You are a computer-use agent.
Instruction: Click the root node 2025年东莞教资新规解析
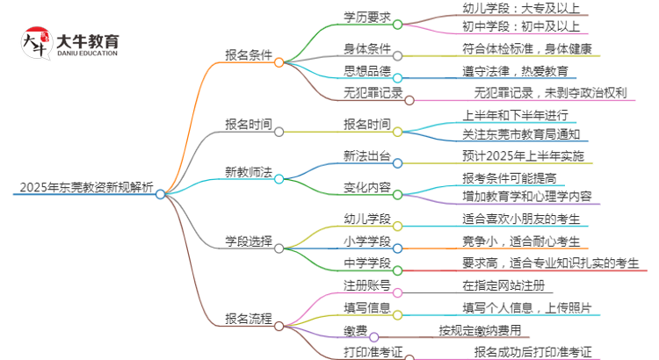[84, 188]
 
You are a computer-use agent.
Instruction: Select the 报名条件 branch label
[249, 55]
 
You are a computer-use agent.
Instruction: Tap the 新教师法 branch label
[249, 171]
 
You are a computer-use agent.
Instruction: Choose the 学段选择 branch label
[249, 241]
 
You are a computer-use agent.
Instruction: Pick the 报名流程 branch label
[249, 319]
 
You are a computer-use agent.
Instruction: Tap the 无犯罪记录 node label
[373, 93]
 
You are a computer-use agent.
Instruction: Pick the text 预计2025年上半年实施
[523, 156]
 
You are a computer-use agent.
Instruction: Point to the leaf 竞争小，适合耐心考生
[521, 241]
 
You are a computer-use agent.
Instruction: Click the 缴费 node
[356, 331]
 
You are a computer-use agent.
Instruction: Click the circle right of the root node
[161, 194]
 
